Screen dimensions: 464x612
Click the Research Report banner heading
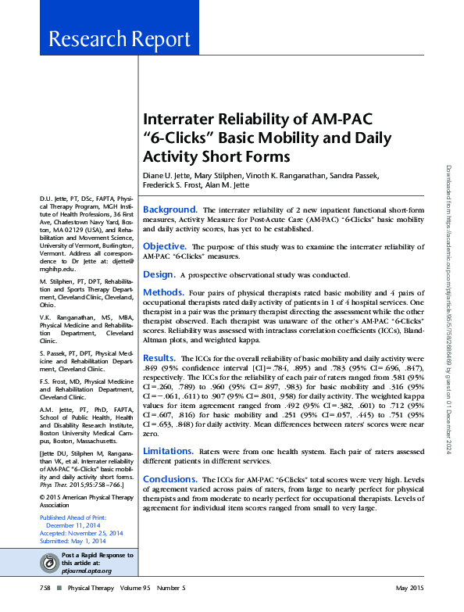click(119, 39)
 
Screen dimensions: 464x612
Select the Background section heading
click(170, 209)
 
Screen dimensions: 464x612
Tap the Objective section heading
click(164, 246)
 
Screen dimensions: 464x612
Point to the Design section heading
click(159, 274)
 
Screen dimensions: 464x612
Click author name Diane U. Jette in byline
click(166, 174)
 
